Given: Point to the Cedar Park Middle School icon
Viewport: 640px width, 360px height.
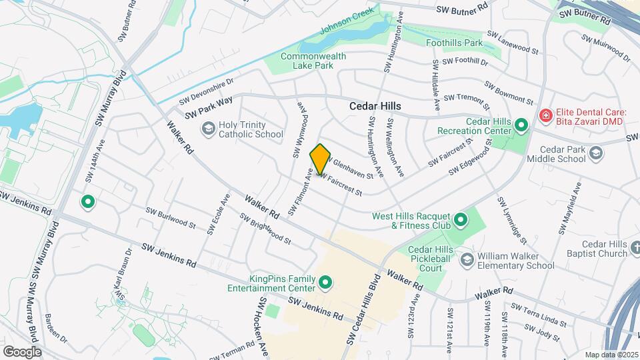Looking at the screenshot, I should pyautogui.click(x=596, y=153).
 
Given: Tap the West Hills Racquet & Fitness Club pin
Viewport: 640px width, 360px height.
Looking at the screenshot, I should pyautogui.click(x=460, y=219).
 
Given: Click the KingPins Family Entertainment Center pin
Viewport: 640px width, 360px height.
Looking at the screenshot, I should pyautogui.click(x=325, y=284).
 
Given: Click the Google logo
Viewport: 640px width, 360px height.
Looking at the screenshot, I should pyautogui.click(x=22, y=351).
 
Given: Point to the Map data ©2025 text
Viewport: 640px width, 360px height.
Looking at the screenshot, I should pyautogui.click(x=611, y=355).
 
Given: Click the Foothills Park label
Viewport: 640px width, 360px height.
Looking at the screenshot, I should pyautogui.click(x=454, y=43).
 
